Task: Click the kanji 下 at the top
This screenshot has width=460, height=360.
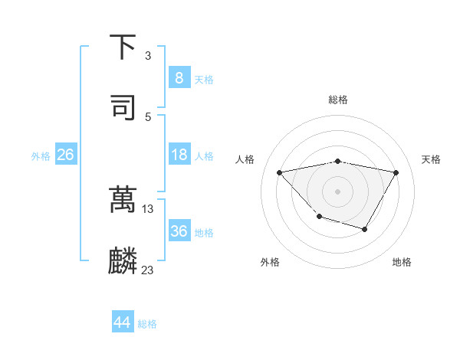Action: (x=123, y=49)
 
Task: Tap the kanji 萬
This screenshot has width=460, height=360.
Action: (x=123, y=201)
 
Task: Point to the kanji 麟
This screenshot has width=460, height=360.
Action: (x=123, y=261)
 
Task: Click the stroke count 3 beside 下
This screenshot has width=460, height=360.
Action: (x=148, y=56)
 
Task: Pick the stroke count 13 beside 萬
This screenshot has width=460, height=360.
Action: (x=148, y=208)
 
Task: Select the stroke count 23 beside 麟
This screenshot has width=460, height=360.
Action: (x=148, y=270)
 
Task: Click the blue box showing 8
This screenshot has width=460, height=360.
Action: (x=179, y=77)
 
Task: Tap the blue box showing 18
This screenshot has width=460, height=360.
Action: (x=179, y=155)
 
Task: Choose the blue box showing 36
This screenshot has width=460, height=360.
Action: (x=179, y=231)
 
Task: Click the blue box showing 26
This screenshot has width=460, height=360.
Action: (x=65, y=155)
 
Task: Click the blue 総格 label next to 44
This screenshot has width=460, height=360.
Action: (x=147, y=324)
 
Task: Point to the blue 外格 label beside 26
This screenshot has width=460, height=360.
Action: (x=41, y=156)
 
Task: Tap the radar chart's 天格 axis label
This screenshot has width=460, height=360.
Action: (x=431, y=159)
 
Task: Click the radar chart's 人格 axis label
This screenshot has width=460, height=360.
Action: (x=245, y=159)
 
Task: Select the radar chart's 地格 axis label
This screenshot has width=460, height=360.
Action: (x=402, y=262)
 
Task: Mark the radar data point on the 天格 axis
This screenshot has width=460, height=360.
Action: (x=396, y=172)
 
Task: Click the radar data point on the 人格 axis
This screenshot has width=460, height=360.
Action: (x=279, y=172)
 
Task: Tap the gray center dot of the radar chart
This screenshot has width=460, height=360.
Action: (x=337, y=191)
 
